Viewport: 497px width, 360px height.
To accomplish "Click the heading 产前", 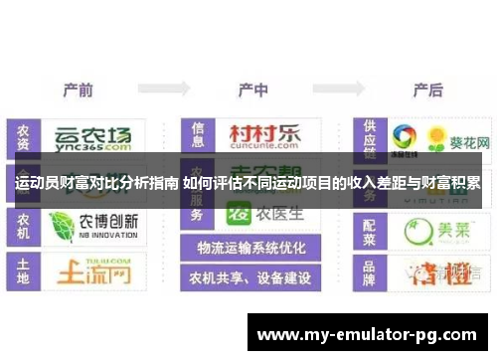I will (x=78, y=90).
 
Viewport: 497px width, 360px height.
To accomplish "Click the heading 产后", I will (x=426, y=90).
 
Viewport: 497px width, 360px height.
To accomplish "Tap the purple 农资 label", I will (x=22, y=138).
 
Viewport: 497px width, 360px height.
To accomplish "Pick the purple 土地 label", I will (x=22, y=270).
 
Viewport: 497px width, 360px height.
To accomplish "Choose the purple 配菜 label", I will (x=371, y=229).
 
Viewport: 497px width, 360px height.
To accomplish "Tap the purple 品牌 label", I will (x=371, y=270).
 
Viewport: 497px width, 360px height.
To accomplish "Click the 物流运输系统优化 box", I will (x=250, y=248).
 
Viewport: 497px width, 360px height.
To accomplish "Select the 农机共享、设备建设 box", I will (x=250, y=277).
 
